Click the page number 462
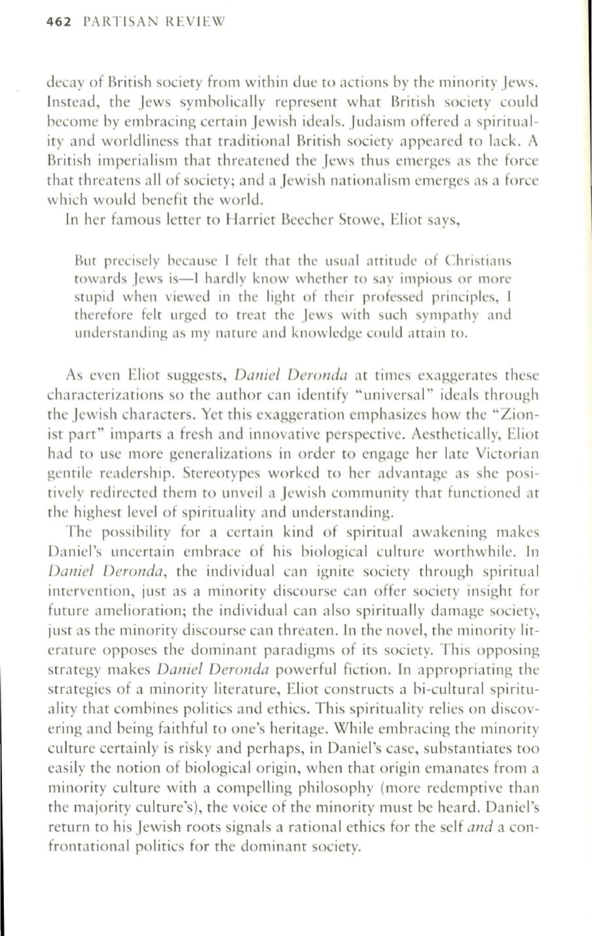coord(60,22)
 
